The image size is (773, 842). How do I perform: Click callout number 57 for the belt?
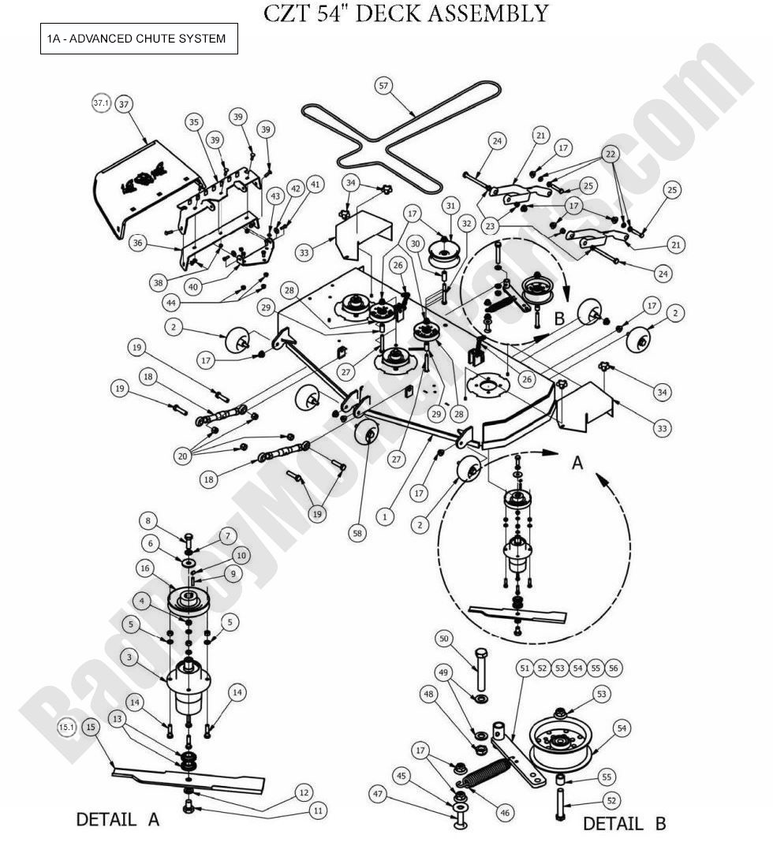(x=384, y=86)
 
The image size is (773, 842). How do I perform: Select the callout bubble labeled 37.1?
(x=101, y=103)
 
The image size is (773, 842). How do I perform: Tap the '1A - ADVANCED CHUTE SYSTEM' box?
(x=139, y=39)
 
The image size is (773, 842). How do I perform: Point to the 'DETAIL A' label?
(x=118, y=819)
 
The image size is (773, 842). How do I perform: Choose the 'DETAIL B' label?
(x=624, y=823)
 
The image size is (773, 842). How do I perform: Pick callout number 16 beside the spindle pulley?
(x=144, y=568)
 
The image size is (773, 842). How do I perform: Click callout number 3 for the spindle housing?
(x=129, y=656)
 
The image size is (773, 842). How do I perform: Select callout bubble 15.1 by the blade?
(x=67, y=727)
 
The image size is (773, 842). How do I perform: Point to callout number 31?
(x=450, y=206)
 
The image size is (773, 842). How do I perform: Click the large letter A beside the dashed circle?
(x=577, y=463)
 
